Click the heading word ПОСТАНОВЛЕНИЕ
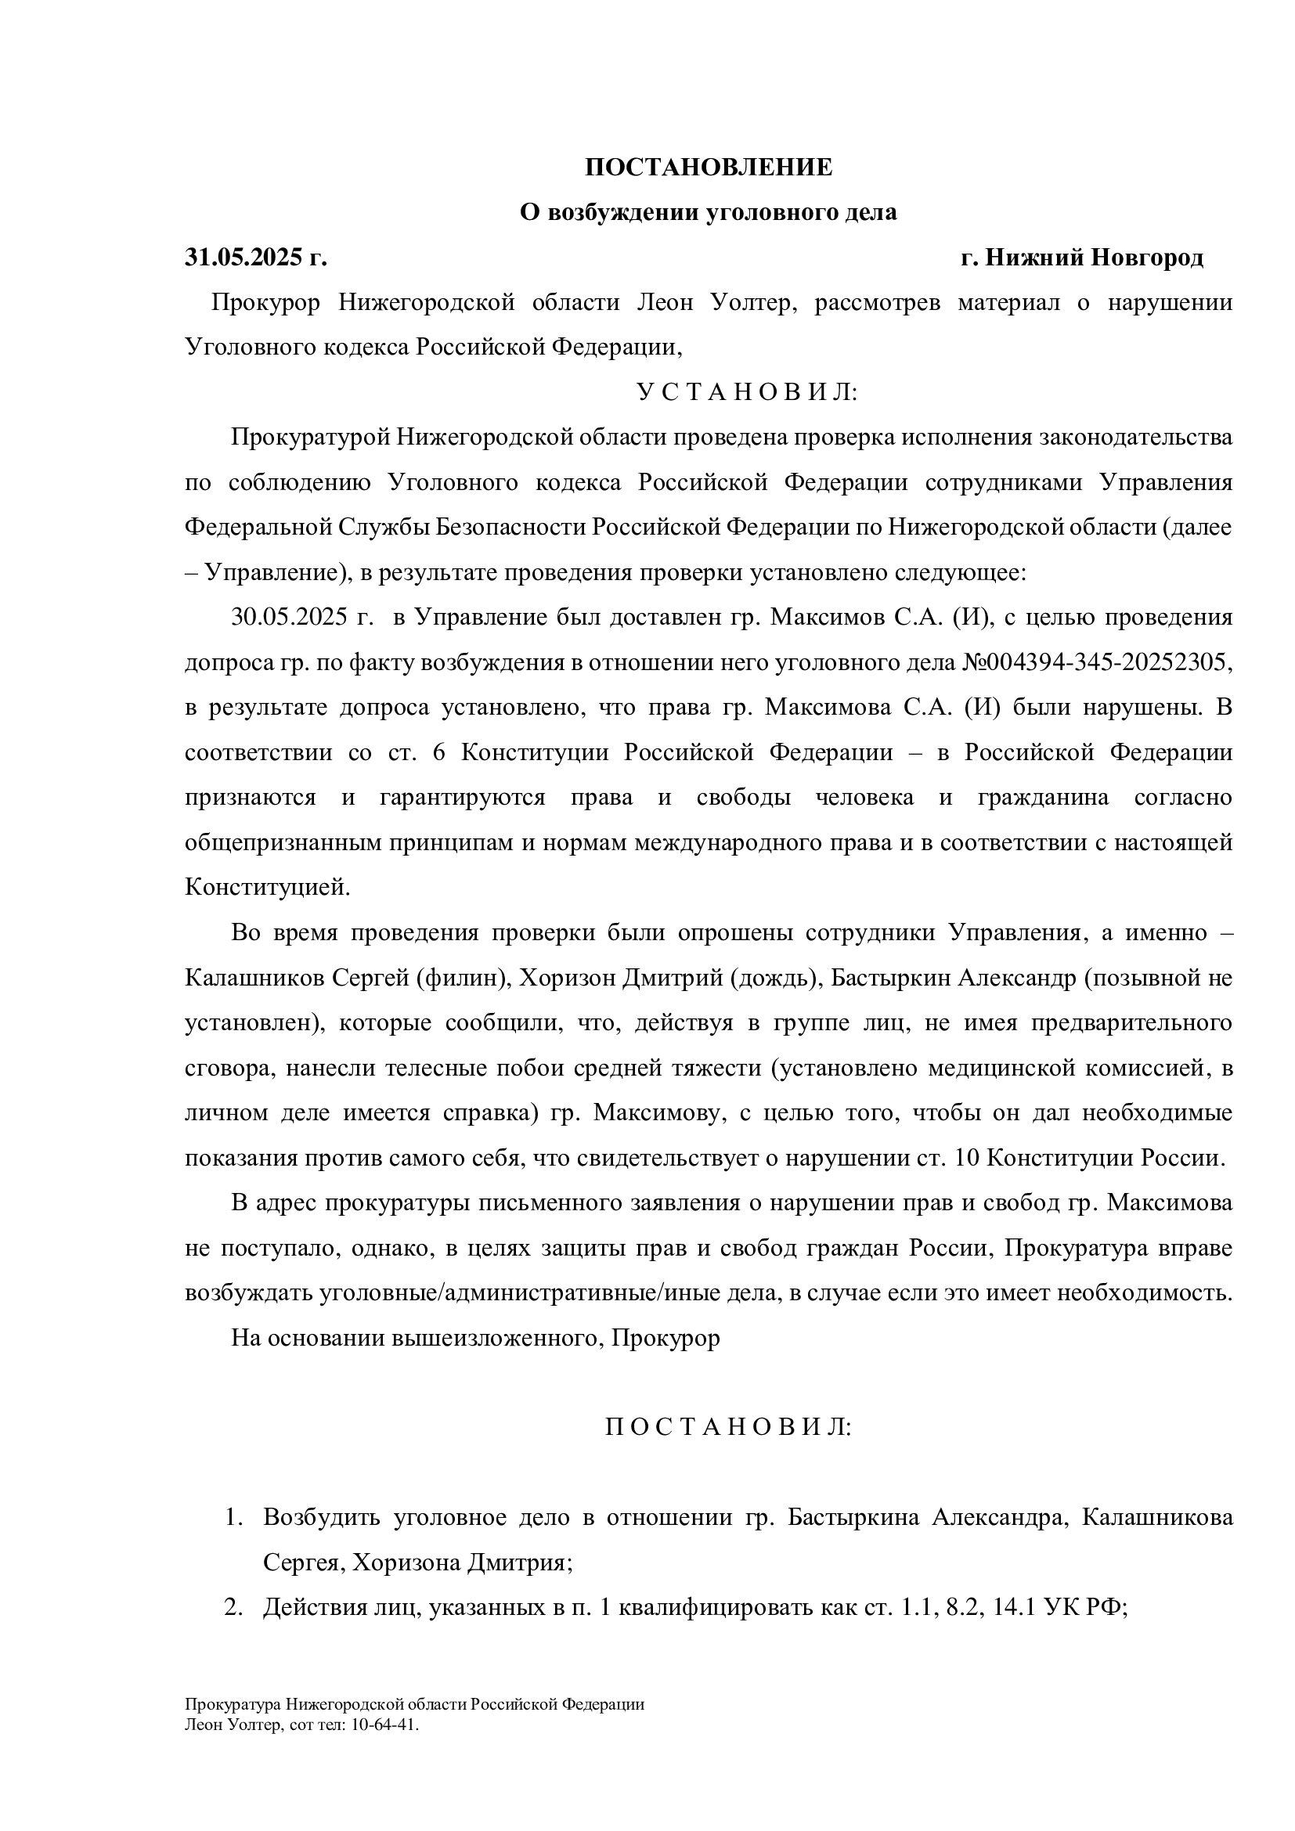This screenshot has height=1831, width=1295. [708, 168]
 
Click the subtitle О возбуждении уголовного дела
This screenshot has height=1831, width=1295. [708, 212]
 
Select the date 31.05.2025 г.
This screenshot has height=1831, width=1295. [256, 258]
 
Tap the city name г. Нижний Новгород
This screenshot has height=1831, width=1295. [1082, 258]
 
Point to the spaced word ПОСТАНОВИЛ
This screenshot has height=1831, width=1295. [728, 1427]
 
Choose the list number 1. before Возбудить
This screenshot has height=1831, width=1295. [233, 1517]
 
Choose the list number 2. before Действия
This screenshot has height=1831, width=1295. [233, 1607]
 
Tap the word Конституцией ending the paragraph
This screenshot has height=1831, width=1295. [267, 887]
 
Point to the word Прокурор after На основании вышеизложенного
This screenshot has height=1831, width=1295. [665, 1337]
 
